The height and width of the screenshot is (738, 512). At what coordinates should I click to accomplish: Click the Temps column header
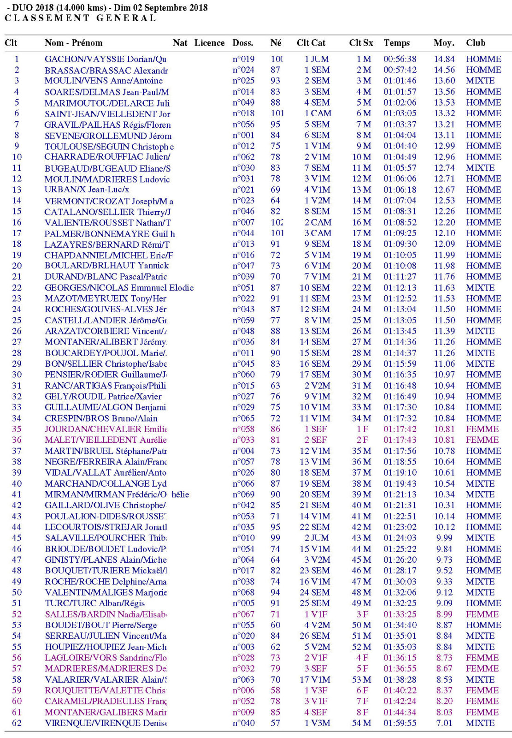coord(396,43)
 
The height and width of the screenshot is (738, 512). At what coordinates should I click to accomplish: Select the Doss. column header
coord(243,43)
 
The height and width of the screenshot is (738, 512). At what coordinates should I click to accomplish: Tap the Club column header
coord(476,43)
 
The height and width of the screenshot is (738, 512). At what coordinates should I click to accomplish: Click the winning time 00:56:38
coord(400,59)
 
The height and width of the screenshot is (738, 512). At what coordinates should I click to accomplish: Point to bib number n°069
coord(243,494)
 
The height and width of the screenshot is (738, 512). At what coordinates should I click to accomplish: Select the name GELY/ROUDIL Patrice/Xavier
coord(103,396)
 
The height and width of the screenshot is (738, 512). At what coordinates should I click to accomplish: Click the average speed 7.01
coord(444,723)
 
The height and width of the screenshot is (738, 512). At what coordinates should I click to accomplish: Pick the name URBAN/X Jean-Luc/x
coord(87,190)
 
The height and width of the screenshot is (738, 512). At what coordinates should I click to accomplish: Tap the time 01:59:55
coord(400,723)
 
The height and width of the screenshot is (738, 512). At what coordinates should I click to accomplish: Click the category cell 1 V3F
coord(317,690)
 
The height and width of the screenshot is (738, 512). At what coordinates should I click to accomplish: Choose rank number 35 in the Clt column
coord(17,429)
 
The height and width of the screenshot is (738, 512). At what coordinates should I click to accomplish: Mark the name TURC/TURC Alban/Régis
coord(94,603)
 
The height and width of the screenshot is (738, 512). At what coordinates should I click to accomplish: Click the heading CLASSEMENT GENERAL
coord(80,18)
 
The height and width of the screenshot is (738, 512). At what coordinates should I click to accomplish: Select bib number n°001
coord(243,135)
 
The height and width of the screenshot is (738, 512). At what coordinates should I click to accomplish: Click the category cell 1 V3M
coord(317,723)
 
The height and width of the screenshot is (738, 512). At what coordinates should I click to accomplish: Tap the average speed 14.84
coord(444,59)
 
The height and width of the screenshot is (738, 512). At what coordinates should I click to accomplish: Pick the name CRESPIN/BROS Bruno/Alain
coord(101,418)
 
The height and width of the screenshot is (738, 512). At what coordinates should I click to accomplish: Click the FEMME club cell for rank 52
coord(482,614)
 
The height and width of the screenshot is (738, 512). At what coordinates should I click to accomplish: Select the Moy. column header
coord(444,43)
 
